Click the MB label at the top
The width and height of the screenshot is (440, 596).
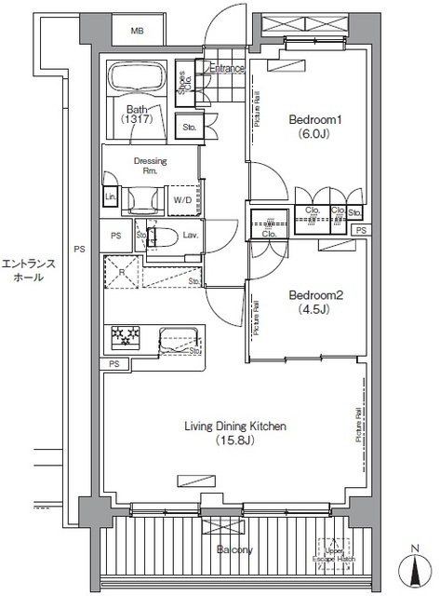[x=137, y=32]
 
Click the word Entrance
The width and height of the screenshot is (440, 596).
[x=226, y=68]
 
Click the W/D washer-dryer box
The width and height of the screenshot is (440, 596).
[x=182, y=198]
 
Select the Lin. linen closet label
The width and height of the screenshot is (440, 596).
[x=110, y=197]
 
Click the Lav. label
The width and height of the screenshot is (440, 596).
[x=190, y=235]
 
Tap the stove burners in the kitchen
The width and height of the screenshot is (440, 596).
[x=125, y=338]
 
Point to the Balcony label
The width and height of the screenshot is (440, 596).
[x=234, y=550]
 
